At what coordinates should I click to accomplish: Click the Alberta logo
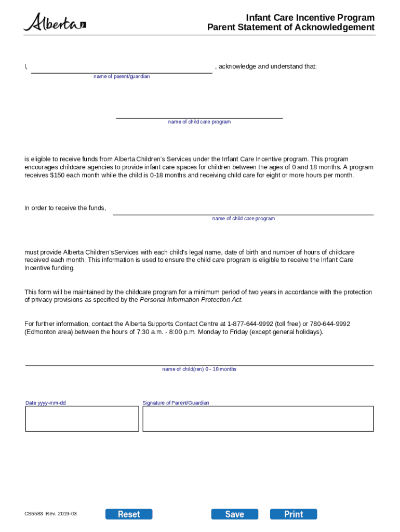55,22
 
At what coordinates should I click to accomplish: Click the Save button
234,514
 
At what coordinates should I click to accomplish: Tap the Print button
294,514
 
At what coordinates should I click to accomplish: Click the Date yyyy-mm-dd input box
82,418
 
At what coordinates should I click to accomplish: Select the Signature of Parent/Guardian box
258,418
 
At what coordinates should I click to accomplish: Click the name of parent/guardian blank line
122,69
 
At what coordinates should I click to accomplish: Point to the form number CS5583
33,514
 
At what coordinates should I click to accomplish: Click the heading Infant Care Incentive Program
310,18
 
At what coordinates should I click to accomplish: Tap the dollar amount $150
58,176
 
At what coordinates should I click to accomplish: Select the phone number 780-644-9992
330,324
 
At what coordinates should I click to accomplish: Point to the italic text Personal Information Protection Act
191,300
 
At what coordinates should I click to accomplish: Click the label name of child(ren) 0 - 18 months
199,369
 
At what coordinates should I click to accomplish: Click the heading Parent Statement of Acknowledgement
290,28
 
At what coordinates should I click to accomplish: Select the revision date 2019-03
67,514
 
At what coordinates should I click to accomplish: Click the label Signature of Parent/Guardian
176,403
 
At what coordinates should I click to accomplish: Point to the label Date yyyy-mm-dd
46,403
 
